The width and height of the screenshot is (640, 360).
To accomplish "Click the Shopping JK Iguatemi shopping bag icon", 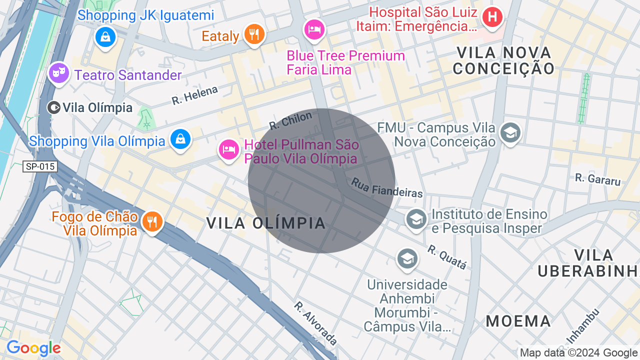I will [105, 36].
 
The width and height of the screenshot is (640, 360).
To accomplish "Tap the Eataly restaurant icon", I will [254, 34].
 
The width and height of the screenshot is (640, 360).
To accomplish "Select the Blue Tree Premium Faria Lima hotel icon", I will [314, 29].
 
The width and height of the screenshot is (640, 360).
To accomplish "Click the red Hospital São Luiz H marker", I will [492, 16].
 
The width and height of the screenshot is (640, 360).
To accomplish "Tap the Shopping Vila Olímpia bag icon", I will [180, 139].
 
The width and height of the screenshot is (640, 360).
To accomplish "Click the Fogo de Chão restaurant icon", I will [152, 221].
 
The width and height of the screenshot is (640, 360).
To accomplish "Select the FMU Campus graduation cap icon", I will [510, 132].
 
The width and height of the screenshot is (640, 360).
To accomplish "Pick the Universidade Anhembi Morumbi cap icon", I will [407, 258].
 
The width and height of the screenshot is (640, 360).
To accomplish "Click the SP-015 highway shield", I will [40, 166].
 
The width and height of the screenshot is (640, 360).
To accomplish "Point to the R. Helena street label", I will [195, 95].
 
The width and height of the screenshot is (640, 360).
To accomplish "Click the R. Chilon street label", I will [290, 120].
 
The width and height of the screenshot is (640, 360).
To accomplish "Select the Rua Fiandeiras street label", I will [387, 188].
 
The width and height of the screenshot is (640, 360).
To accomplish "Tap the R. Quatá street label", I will [447, 256].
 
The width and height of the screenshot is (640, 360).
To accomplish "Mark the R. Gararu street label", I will [597, 179].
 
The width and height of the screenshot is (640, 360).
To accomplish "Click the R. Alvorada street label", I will [315, 323].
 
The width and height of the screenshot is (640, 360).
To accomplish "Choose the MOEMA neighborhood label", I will [518, 321].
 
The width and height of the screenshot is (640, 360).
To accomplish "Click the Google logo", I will [33, 348].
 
